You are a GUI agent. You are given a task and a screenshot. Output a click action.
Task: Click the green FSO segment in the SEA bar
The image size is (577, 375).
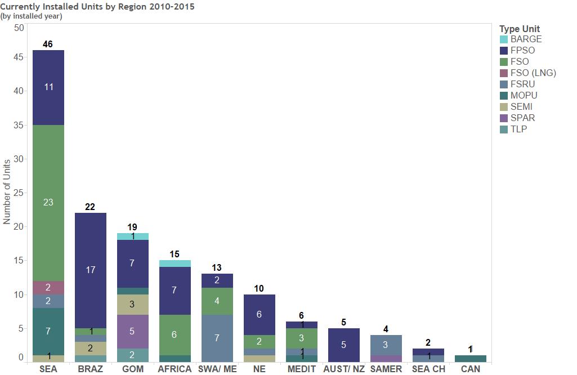[x=48, y=203]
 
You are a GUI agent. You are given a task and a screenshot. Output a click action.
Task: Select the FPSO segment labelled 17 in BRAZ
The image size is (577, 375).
[x=90, y=270]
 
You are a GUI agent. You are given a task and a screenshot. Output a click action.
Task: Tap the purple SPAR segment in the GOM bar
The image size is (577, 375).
[x=132, y=332]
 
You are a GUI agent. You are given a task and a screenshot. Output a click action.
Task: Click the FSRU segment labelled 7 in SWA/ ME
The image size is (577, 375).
[x=217, y=338]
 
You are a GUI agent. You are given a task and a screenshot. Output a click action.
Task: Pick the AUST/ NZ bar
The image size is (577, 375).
[x=343, y=345]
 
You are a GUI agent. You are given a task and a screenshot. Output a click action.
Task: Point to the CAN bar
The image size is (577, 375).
[x=471, y=359]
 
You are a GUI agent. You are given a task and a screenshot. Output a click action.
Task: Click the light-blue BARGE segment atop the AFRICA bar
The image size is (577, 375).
[x=175, y=264]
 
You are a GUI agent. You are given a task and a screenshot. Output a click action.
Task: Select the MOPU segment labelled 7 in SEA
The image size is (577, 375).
[x=48, y=332]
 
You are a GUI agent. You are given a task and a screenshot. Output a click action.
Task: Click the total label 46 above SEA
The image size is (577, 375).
[x=48, y=44]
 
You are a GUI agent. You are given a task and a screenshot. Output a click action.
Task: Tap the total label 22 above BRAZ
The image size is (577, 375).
[x=90, y=207]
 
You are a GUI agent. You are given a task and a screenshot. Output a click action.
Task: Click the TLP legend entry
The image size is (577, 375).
[x=518, y=130]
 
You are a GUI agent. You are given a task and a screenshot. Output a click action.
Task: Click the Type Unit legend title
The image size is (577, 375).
[x=520, y=29]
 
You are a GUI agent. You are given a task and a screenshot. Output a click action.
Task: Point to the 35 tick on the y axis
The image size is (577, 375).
[x=19, y=125]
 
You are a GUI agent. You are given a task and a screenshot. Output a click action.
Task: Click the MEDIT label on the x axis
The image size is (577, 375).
[x=301, y=369]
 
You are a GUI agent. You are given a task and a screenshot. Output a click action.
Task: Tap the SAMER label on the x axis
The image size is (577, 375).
[x=386, y=369]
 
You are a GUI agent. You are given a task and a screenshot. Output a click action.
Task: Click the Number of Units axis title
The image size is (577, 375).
[x=7, y=191]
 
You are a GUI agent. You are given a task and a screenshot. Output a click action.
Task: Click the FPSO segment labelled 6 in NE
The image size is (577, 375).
[x=259, y=315]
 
